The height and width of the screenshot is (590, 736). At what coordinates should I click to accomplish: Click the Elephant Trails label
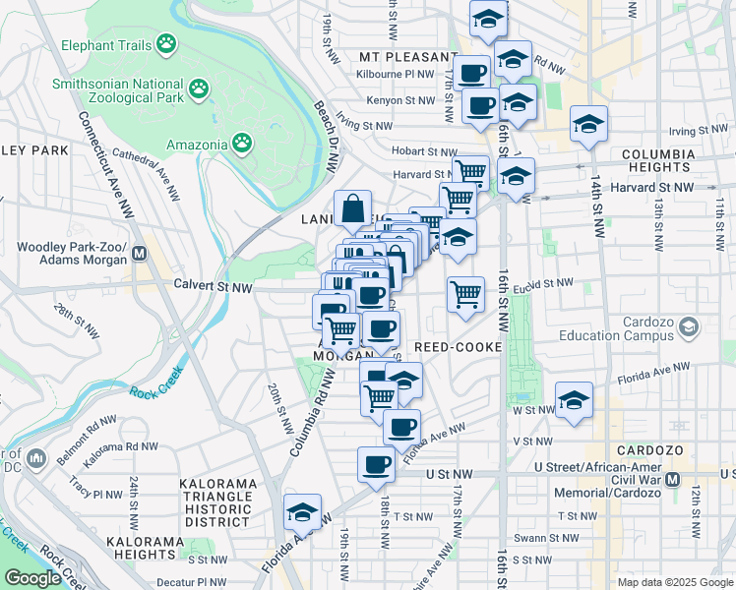pos(106,45)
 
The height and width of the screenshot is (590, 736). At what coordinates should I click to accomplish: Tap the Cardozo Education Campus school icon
pos(689,325)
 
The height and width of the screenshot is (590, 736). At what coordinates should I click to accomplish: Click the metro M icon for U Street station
pos(673,479)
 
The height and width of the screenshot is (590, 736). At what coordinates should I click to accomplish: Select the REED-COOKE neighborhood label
pos(459,348)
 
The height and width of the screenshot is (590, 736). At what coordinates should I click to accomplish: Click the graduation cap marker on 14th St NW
pos(588,124)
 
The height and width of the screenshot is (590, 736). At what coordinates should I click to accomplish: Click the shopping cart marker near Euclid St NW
pos(465,293)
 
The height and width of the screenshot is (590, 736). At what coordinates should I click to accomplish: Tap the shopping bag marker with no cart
pos(352,208)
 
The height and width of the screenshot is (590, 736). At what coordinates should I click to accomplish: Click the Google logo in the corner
pos(31,578)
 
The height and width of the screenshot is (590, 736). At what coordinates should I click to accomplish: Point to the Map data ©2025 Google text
pos(674,582)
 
